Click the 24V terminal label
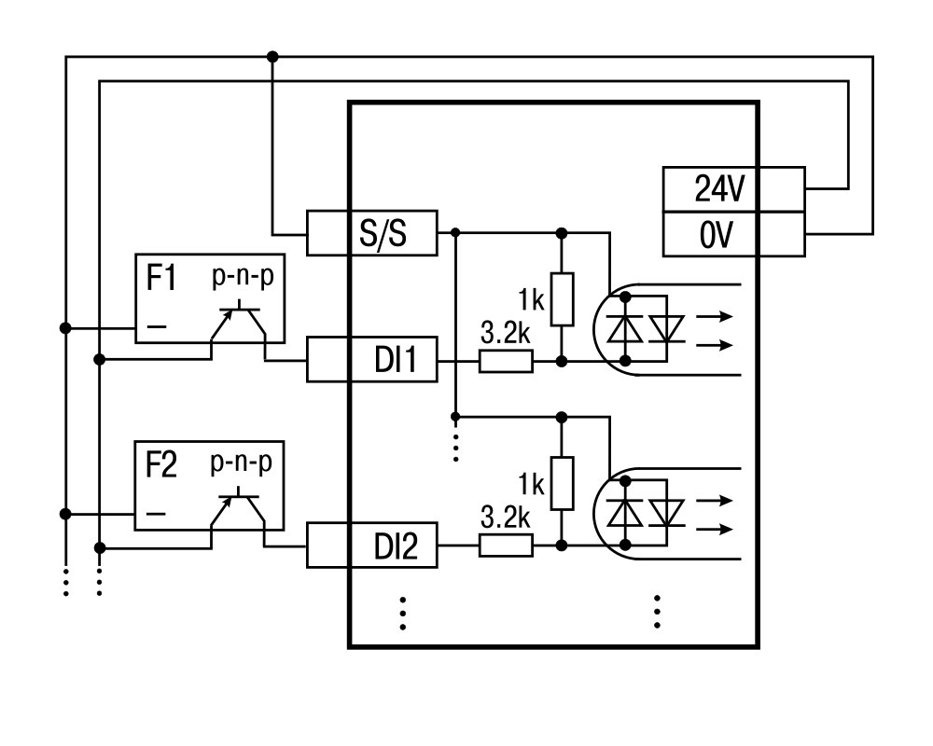[x=719, y=188]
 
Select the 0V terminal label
[x=717, y=235]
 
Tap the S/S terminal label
[x=383, y=232]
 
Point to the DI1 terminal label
[x=396, y=360]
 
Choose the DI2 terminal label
[x=396, y=546]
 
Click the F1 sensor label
[x=161, y=278]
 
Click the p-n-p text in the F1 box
[x=243, y=276]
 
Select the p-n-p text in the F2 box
[x=241, y=463]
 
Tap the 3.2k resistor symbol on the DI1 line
[x=506, y=361]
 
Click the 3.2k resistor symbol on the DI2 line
[x=506, y=546]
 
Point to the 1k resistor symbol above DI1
[x=562, y=299]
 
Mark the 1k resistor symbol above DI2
[x=562, y=484]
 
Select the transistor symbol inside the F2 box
[x=238, y=507]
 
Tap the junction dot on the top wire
[x=272, y=57]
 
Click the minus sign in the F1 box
[x=157, y=325]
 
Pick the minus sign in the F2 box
[x=156, y=513]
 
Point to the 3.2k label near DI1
[x=505, y=333]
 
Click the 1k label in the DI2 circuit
[x=532, y=485]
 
